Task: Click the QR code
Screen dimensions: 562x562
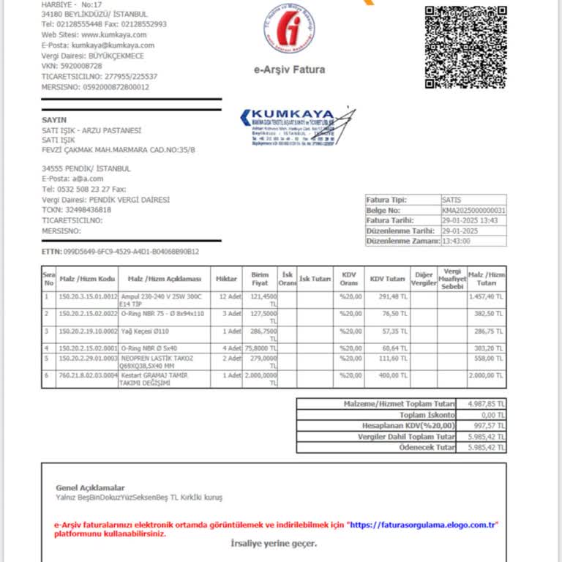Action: (465, 47)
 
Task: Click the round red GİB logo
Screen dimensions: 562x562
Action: (290, 28)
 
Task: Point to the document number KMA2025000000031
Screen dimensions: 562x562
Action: (473, 210)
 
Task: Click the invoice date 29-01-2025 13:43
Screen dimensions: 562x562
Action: (470, 220)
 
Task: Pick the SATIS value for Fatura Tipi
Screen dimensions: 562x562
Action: (452, 200)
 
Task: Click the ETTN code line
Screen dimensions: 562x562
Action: (121, 252)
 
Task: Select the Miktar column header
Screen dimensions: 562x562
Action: (226, 279)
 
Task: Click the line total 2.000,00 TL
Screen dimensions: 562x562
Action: (486, 375)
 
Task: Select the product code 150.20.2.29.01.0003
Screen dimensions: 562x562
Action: (88, 359)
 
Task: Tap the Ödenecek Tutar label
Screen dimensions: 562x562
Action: (426, 447)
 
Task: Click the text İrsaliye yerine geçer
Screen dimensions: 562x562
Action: (274, 543)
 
